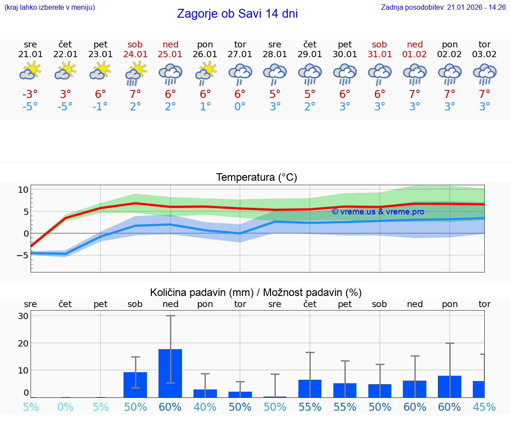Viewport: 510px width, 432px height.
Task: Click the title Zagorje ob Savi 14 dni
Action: point(237,14)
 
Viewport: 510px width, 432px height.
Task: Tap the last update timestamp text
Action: point(443,8)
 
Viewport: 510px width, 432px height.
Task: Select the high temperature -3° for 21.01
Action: point(31,94)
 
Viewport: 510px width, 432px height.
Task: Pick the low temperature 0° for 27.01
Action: point(240,107)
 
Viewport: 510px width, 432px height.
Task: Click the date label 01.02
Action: point(415,54)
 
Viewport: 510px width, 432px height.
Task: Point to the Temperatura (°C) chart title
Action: point(256,178)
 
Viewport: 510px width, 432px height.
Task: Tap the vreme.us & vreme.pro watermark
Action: point(378,212)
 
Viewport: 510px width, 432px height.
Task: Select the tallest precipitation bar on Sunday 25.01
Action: point(170,373)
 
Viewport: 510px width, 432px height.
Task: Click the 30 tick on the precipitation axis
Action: point(23,316)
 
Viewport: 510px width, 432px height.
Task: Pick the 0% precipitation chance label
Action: point(66,407)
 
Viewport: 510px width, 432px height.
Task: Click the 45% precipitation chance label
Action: point(484,407)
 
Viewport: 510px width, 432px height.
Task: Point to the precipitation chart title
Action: point(256,292)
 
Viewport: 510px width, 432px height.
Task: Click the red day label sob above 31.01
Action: point(379,44)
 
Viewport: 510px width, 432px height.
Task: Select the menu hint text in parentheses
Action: point(50,8)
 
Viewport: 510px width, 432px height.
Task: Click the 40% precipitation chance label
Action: point(205,407)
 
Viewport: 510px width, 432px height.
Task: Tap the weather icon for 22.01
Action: point(66,71)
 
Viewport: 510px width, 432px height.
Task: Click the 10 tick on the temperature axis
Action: point(23,190)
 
